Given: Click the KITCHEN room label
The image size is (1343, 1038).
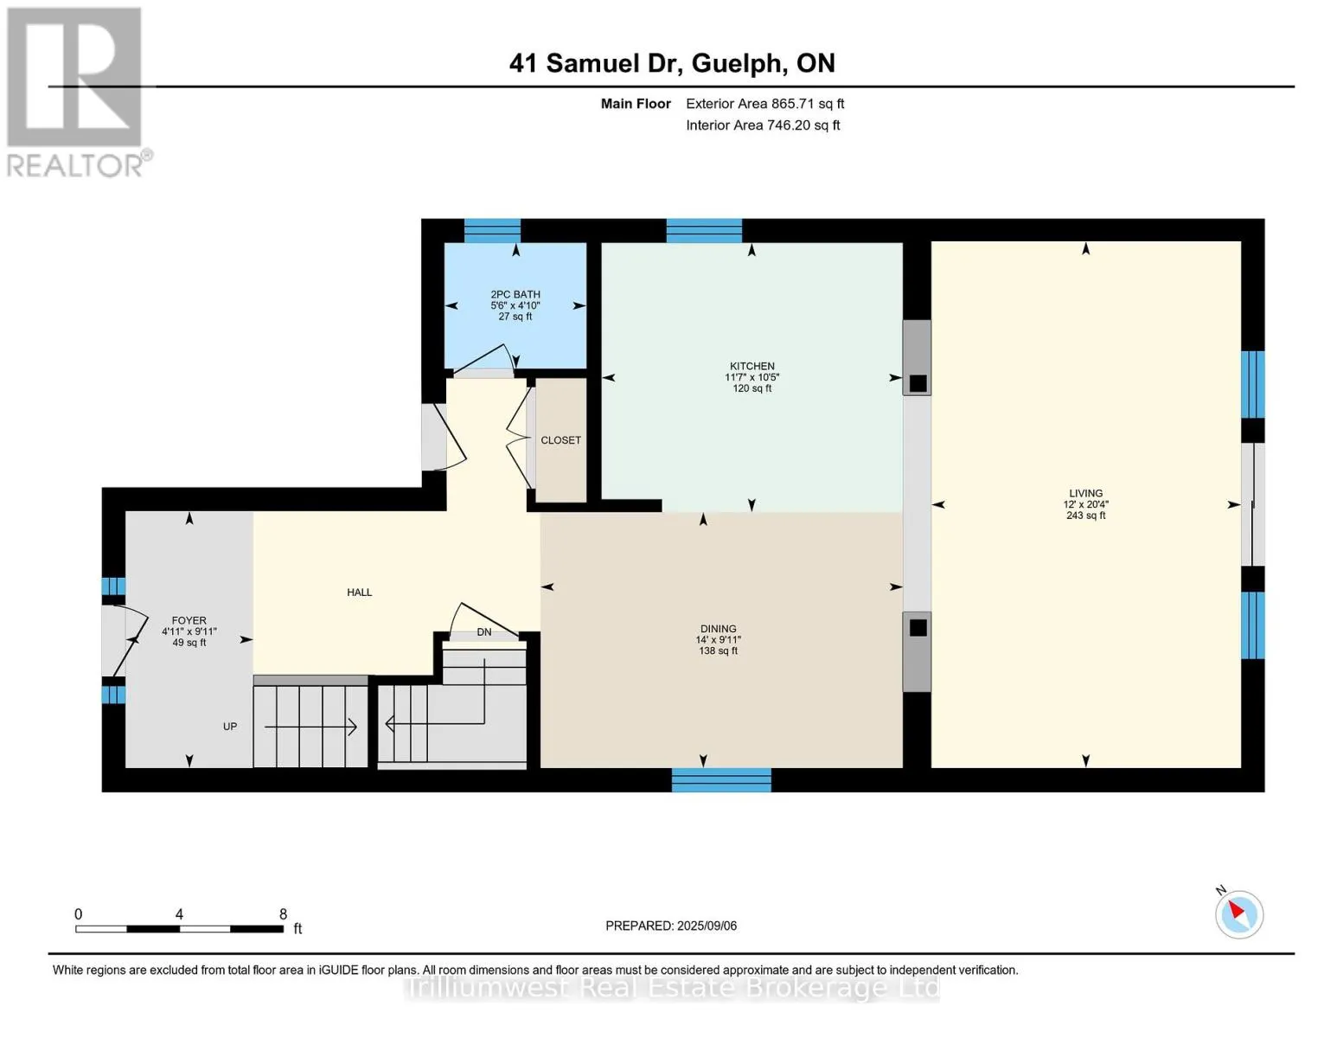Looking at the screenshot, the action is (x=751, y=366).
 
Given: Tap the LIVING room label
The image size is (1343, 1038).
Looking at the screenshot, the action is (x=1085, y=493).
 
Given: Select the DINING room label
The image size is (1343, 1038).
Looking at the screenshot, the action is (x=718, y=629).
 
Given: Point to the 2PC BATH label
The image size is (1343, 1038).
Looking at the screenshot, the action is (x=515, y=295).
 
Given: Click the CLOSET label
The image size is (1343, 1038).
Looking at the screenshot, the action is (x=560, y=440).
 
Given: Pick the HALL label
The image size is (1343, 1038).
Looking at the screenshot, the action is (x=359, y=593).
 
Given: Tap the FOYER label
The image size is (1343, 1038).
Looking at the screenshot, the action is (x=189, y=621).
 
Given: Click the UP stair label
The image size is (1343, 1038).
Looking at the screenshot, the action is (x=230, y=727).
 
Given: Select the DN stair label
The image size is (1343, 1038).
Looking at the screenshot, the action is (x=484, y=631).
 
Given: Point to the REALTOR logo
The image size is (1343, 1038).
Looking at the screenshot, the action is (x=77, y=93).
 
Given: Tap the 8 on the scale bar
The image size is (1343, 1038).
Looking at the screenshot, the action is (x=283, y=913).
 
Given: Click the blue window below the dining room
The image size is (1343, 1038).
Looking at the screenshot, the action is (x=721, y=779).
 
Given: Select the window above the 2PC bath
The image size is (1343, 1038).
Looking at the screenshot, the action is (x=492, y=231).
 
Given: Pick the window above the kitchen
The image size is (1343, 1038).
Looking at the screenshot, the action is (x=704, y=231).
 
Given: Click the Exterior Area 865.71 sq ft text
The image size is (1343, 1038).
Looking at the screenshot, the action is (x=764, y=104).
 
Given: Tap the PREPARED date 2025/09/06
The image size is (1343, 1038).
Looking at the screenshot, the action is (x=707, y=926).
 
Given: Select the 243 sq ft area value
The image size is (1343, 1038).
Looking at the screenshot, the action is (x=1085, y=516).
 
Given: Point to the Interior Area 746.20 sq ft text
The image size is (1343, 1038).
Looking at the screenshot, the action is (x=763, y=125).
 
